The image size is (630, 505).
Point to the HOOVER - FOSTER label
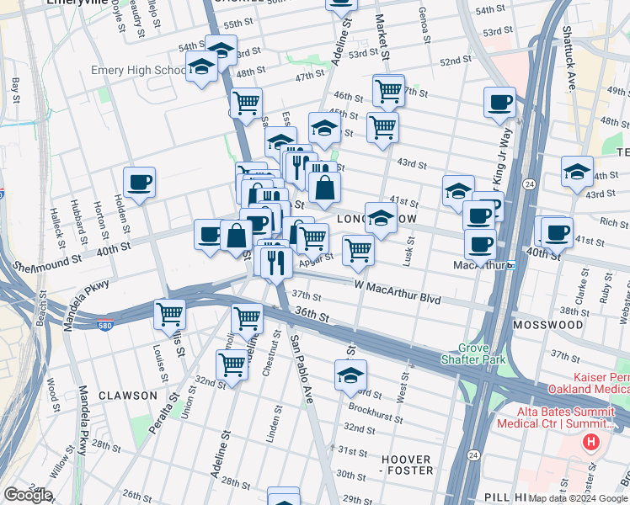point(407,465)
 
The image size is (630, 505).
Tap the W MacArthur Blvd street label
point(398,299)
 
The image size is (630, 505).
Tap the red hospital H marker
point(593,418)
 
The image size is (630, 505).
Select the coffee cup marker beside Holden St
point(139,182)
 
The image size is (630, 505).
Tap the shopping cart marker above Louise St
point(169,316)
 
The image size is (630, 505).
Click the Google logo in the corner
point(27,496)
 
